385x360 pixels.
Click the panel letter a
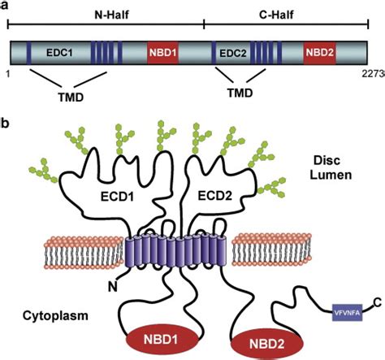pyautogui.click(x=6, y=6)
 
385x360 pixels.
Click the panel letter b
pyautogui.click(x=6, y=124)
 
